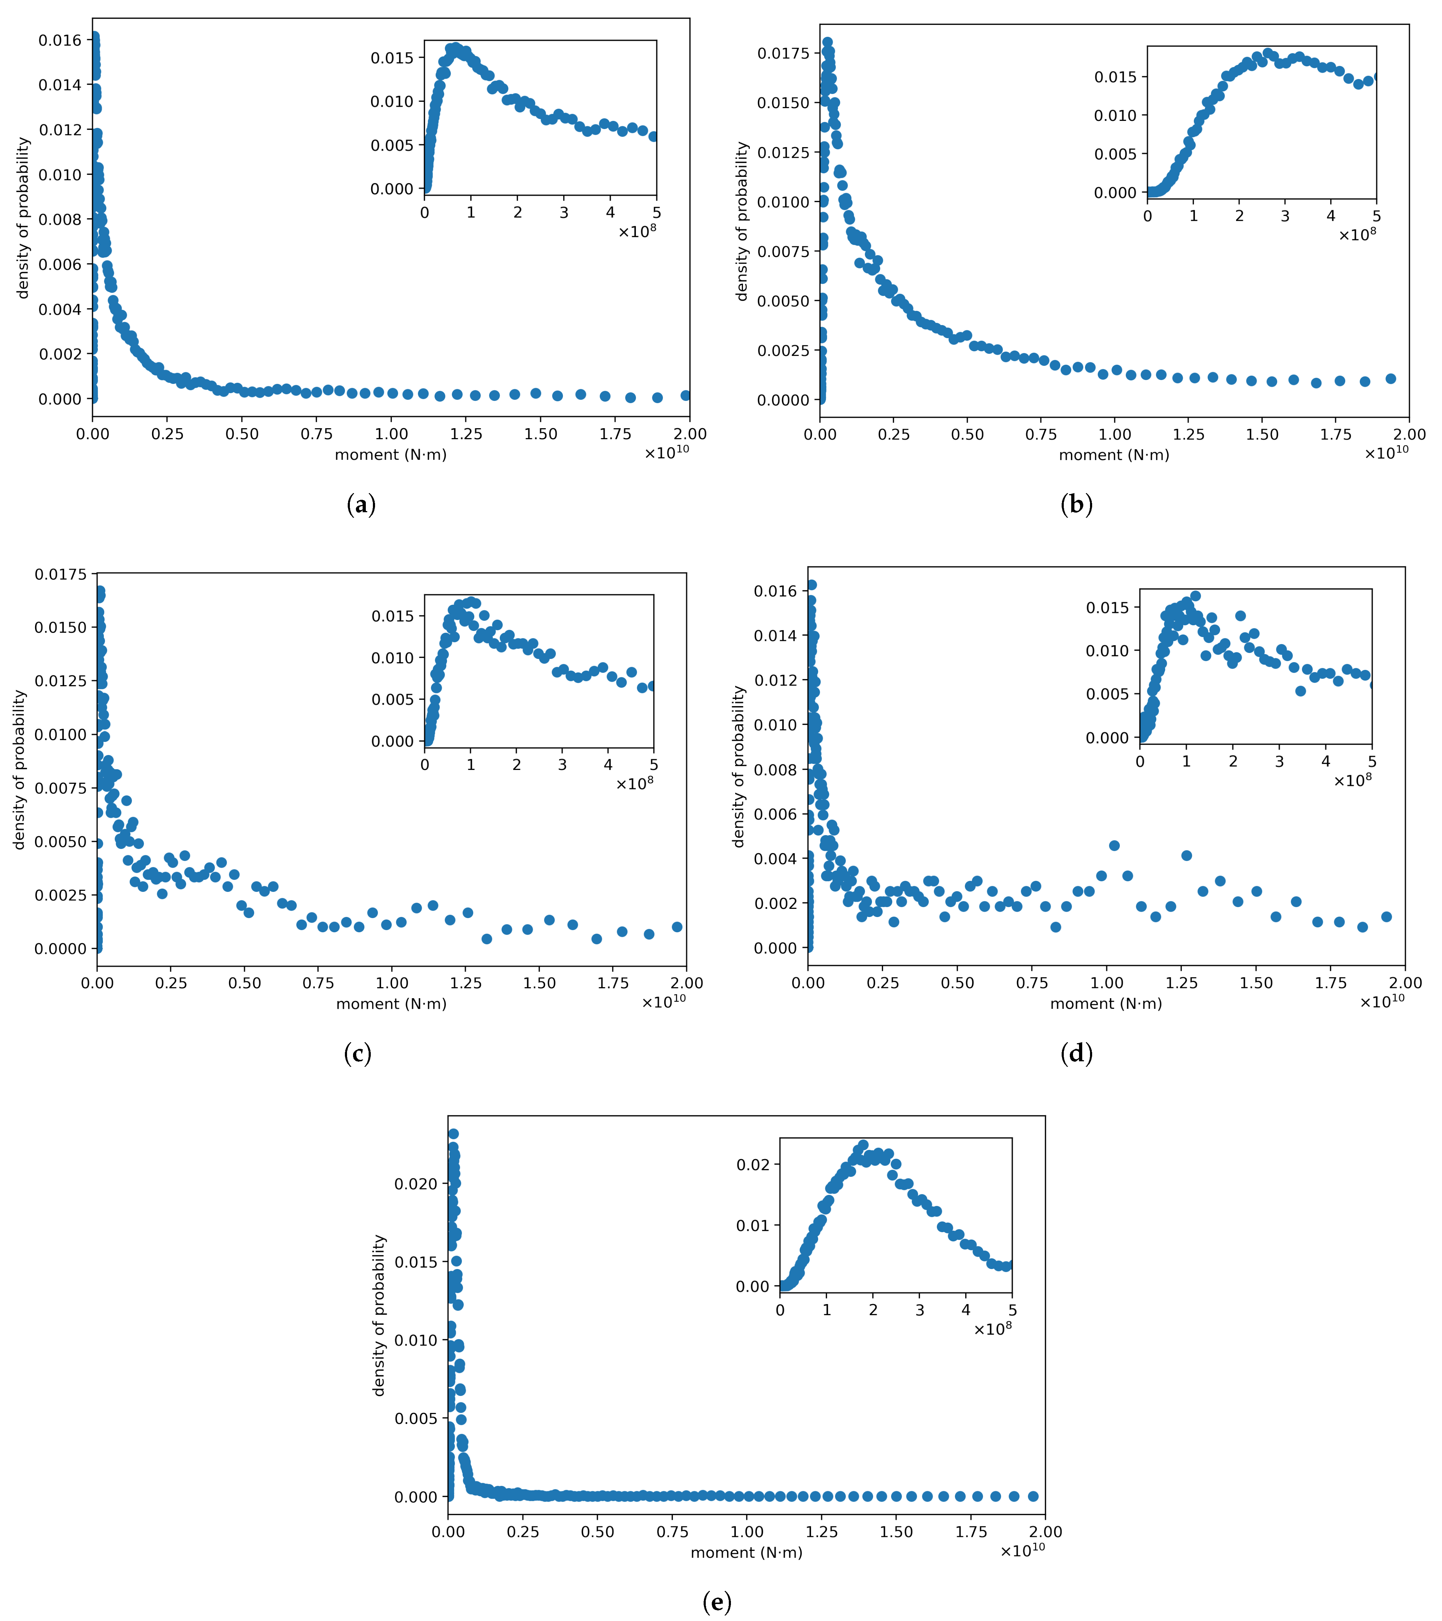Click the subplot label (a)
click(x=361, y=504)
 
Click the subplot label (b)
click(x=1076, y=504)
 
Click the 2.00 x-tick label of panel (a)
click(x=689, y=434)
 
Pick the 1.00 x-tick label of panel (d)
click(x=1106, y=983)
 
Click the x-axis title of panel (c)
click(x=391, y=1004)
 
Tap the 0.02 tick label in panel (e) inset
click(x=753, y=1164)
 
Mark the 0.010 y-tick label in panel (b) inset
click(x=1115, y=116)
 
